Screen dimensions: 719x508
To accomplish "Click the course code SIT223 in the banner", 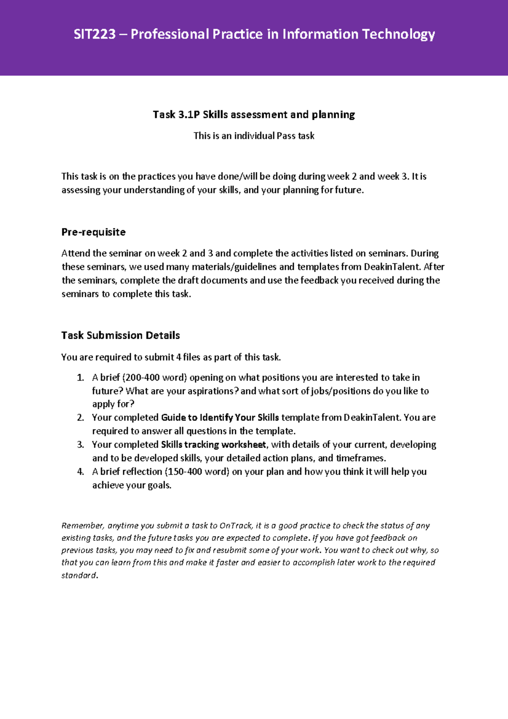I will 94,34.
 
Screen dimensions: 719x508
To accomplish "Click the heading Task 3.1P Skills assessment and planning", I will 254,114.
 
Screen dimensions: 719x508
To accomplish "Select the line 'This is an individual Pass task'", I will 254,136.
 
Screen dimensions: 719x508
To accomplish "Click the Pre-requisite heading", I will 94,232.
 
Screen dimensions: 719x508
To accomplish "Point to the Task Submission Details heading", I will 121,335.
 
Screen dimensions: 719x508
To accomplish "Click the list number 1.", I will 80,378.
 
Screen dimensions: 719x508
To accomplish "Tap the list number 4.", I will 80,472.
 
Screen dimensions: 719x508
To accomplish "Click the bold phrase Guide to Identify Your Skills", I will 220,418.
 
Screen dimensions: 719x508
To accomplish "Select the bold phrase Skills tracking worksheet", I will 213,445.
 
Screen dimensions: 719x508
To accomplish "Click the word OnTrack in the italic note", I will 236,526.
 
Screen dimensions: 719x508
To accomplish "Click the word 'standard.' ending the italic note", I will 79,575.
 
